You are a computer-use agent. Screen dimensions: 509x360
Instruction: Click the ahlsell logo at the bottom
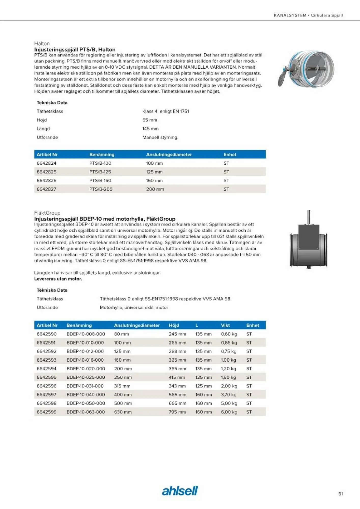point(180,491)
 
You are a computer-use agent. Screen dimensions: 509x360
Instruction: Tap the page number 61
point(340,494)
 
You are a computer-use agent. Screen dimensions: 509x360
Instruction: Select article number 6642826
point(46,180)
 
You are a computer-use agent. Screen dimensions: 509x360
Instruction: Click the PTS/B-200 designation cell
point(101,189)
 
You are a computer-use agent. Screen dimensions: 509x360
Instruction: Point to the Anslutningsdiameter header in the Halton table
point(169,154)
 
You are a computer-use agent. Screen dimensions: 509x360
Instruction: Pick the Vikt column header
point(225,325)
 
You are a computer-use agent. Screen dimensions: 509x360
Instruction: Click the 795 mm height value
point(177,412)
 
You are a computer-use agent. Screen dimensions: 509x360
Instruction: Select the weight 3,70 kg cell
point(229,394)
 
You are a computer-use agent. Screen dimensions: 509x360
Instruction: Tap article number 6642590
point(47,334)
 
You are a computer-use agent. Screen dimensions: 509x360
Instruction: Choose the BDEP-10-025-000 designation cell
point(86,377)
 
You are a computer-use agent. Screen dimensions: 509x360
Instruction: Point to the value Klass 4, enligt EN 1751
point(165,111)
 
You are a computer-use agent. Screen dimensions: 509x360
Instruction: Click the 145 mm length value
point(150,129)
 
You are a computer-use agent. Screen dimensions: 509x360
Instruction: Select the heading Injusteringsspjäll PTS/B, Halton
point(75,49)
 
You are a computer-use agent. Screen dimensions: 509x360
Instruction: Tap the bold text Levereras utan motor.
point(58,279)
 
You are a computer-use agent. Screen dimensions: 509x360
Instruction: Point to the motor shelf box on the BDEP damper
point(309,237)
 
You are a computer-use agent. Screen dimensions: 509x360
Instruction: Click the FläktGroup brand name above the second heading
point(47,213)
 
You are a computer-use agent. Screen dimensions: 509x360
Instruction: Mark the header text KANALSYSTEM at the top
point(290,15)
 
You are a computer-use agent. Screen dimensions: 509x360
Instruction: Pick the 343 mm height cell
point(177,386)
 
